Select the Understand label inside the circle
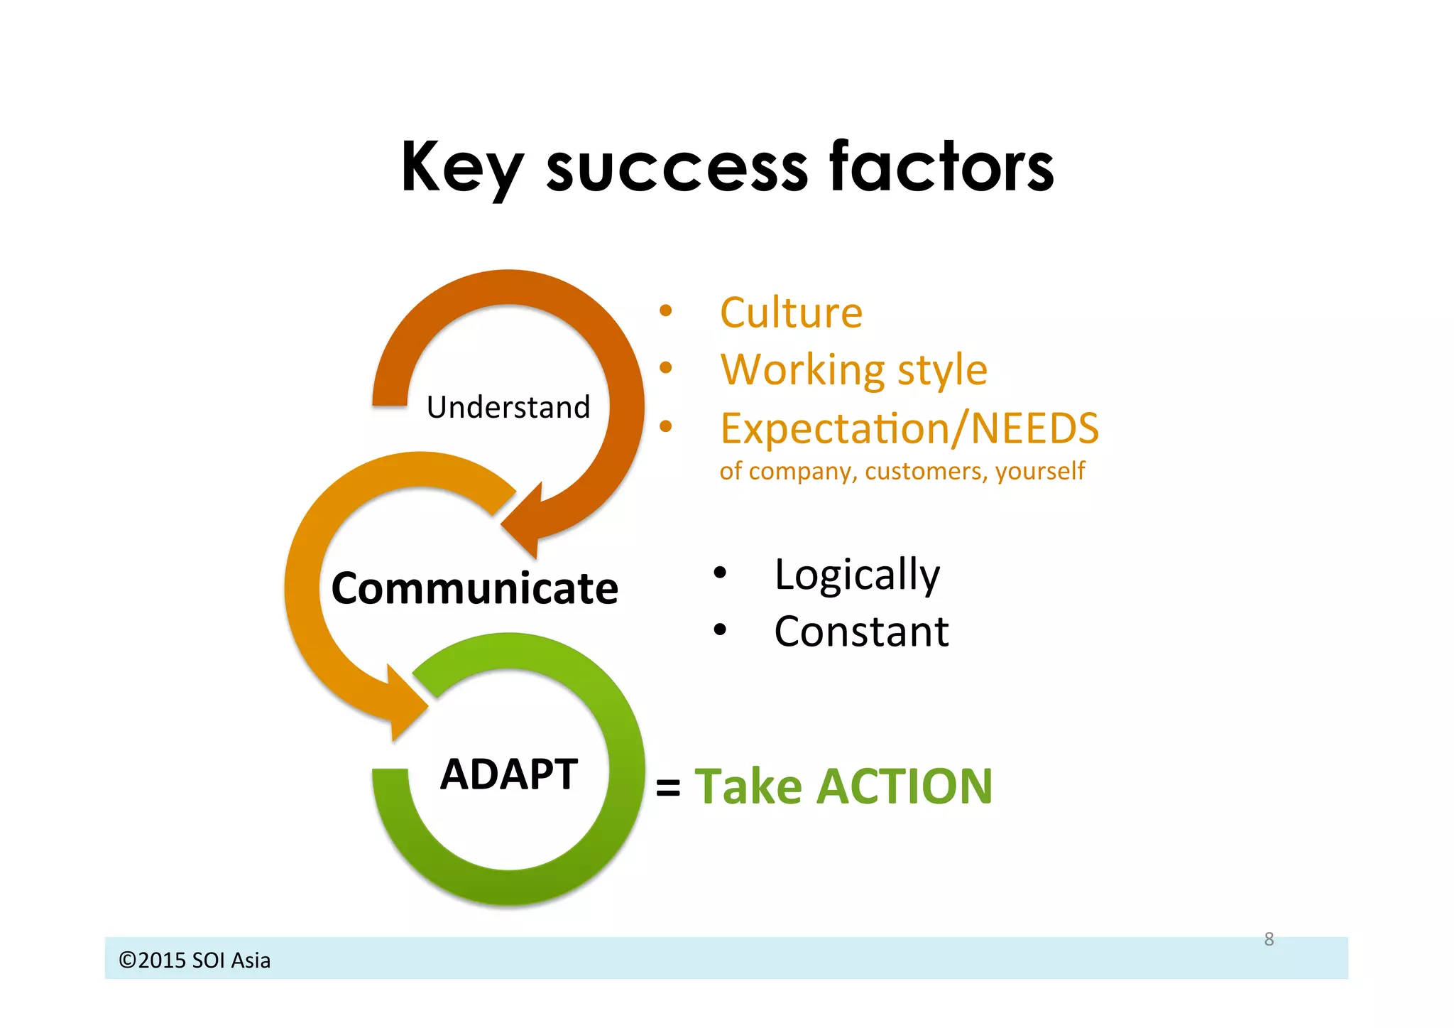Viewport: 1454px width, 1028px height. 508,408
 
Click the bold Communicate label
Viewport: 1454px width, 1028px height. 474,588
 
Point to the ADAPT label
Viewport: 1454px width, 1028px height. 508,774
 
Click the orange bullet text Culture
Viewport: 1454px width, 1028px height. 791,313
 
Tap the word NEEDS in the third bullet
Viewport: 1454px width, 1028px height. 1034,428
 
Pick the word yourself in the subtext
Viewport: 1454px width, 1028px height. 1040,471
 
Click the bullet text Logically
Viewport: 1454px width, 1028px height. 857,574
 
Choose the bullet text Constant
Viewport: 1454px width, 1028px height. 861,632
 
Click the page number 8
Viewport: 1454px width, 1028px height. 1269,939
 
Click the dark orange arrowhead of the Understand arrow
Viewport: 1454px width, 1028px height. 526,521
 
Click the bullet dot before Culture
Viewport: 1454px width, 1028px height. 665,310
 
